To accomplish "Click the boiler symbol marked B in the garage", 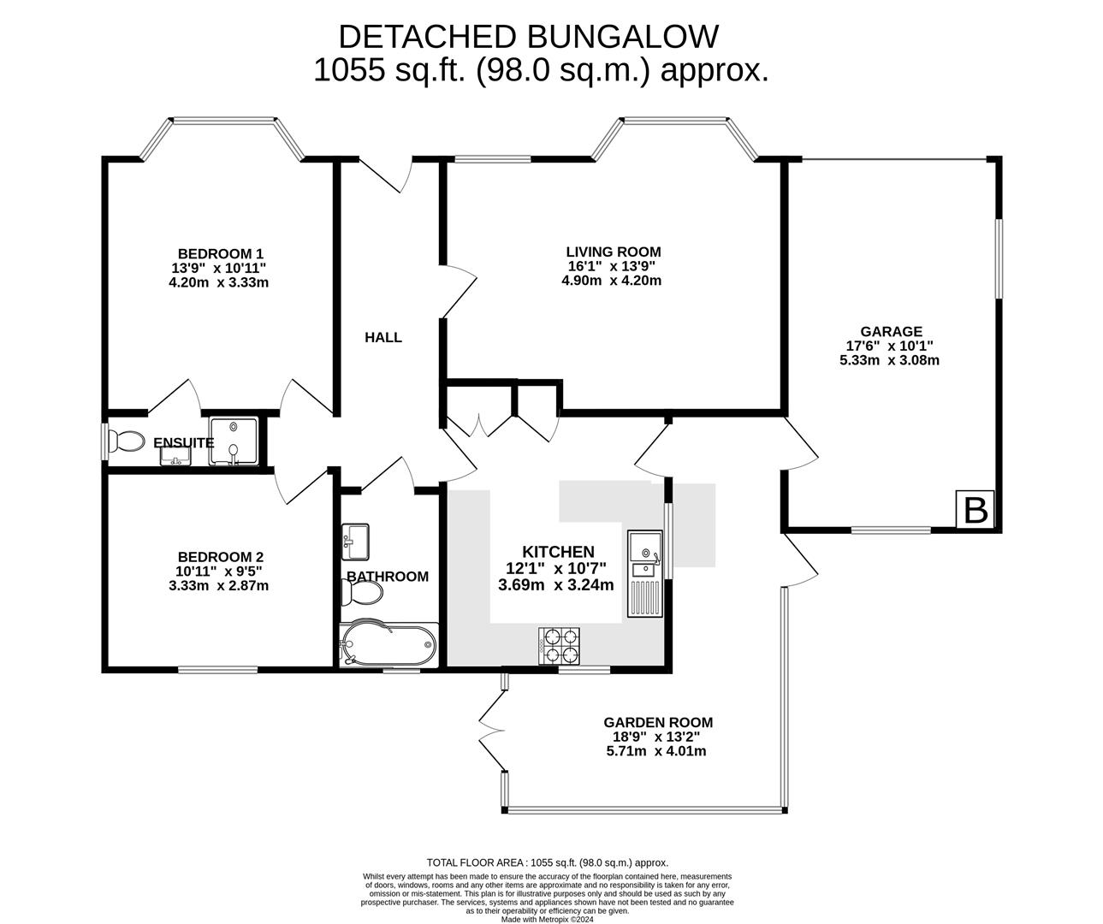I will click(x=976, y=510).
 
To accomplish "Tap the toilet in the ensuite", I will click(x=127, y=441).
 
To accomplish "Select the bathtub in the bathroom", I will click(x=388, y=645).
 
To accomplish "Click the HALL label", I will click(x=383, y=338).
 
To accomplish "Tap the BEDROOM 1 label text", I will click(x=220, y=253).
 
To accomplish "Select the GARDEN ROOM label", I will click(x=657, y=722).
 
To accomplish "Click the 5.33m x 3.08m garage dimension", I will click(x=890, y=360).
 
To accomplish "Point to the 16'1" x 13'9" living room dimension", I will click(x=613, y=266).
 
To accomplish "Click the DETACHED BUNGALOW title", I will click(x=528, y=37).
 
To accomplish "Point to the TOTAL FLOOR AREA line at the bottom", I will click(x=547, y=863).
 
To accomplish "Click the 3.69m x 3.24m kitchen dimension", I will click(x=556, y=585).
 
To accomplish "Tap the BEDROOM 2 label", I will click(x=220, y=556).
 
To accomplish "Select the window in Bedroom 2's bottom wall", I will click(x=217, y=669).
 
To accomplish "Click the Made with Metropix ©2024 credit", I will click(x=547, y=920).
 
